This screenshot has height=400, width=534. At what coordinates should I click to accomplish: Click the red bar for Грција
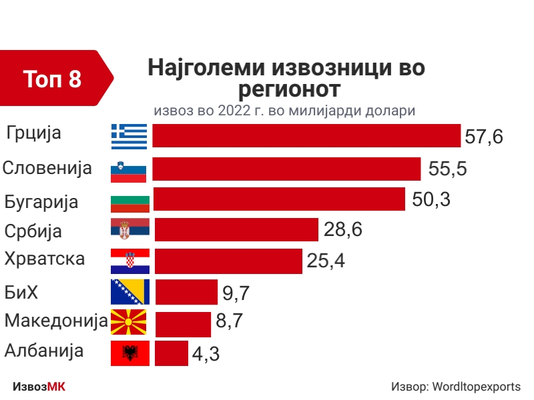(x=306, y=135)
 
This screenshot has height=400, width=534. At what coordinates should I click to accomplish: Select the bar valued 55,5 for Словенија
(x=286, y=169)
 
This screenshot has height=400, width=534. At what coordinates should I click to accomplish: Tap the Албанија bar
(x=172, y=353)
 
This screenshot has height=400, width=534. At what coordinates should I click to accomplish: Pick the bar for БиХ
(x=186, y=292)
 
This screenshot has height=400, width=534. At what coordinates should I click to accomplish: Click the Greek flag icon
(x=129, y=136)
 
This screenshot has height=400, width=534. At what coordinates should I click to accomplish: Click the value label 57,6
(x=483, y=137)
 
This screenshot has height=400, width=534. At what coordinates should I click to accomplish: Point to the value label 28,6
(x=342, y=230)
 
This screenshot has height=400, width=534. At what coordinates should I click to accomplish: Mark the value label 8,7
(x=229, y=322)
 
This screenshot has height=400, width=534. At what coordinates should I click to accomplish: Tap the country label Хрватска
(x=45, y=259)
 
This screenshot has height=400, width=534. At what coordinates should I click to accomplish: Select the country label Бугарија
(x=41, y=201)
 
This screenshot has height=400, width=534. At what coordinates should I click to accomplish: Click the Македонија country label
(x=56, y=321)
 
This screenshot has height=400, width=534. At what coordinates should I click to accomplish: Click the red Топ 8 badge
(x=53, y=79)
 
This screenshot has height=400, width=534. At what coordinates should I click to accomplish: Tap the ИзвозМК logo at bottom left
(x=39, y=387)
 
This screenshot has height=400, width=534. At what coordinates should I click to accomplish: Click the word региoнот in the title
(x=289, y=89)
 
